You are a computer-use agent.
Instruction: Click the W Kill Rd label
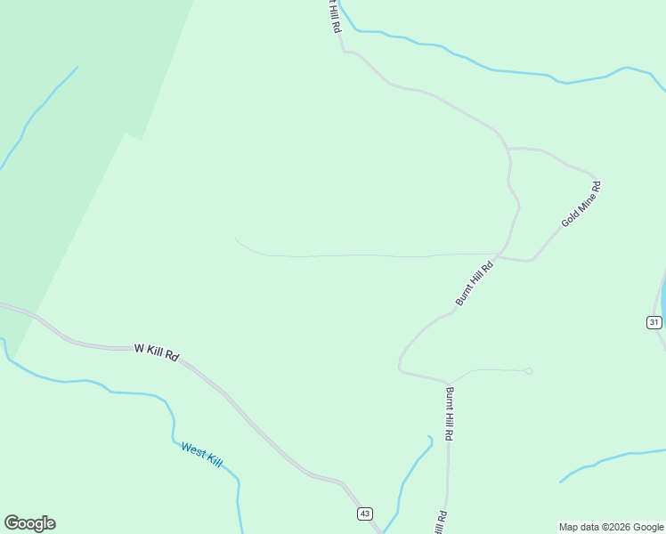(x=157, y=352)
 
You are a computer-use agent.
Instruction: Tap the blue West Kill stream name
(x=201, y=454)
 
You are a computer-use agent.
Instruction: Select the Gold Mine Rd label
(x=581, y=204)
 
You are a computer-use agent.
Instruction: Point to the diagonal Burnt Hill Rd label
(x=475, y=284)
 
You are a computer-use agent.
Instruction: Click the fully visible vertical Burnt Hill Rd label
(x=451, y=415)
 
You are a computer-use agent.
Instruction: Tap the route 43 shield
(x=364, y=514)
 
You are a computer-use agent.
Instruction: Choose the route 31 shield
(x=654, y=322)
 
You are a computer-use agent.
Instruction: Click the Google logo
(x=29, y=523)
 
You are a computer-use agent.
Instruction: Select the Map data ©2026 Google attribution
(x=611, y=527)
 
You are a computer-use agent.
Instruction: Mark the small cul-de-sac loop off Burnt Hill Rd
(x=528, y=371)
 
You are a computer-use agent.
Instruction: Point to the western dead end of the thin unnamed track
(x=236, y=239)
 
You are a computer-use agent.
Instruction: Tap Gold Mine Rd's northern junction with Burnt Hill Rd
(x=509, y=149)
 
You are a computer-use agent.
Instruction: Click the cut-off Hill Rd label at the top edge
(x=333, y=16)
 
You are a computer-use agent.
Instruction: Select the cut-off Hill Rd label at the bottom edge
(x=440, y=522)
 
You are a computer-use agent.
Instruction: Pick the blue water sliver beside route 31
(x=662, y=294)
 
